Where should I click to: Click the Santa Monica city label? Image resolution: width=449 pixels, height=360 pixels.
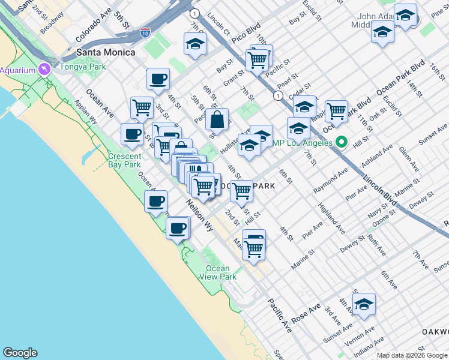pyautogui.click(x=105, y=52)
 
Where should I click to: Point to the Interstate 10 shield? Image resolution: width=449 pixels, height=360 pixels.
pyautogui.click(x=145, y=34)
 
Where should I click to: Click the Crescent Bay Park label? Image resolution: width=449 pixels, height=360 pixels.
pyautogui.click(x=124, y=160)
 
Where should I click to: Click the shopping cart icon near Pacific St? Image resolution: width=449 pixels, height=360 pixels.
pyautogui.click(x=258, y=59)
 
